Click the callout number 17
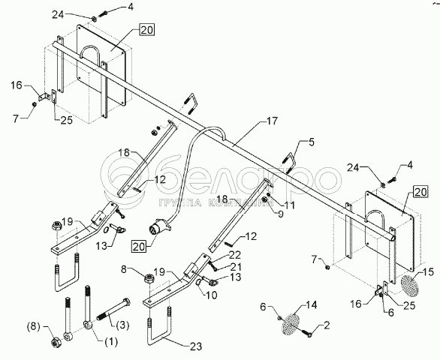click(271, 121)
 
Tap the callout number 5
click(311, 142)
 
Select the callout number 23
click(196, 346)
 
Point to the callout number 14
click(311, 304)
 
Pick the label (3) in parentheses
click(121, 325)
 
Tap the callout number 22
click(234, 255)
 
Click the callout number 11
click(289, 205)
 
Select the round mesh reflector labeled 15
click(409, 286)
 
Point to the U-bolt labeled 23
click(158, 328)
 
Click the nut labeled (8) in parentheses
click(55, 342)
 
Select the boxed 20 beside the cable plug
click(139, 247)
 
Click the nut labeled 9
click(264, 199)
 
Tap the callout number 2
click(327, 325)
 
